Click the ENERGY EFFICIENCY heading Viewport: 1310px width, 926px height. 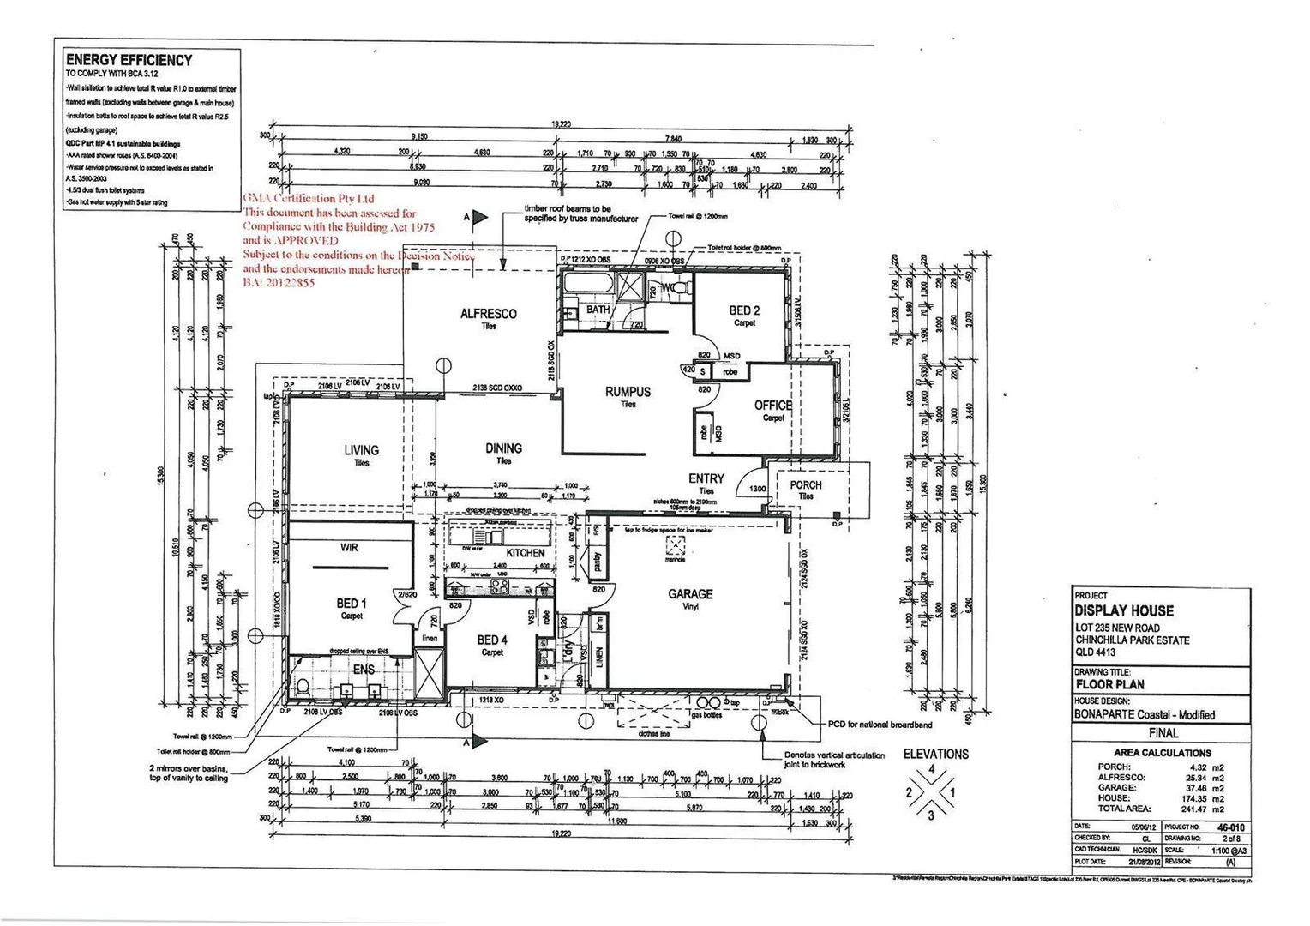(x=129, y=60)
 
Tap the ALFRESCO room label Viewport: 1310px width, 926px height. (x=488, y=314)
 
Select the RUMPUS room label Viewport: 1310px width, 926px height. (x=628, y=392)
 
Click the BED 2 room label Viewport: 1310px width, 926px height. (x=744, y=310)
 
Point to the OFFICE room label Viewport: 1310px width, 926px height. (x=772, y=406)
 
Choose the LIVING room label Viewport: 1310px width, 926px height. (x=361, y=450)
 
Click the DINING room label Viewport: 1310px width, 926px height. (x=503, y=448)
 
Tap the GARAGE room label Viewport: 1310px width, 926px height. (x=690, y=593)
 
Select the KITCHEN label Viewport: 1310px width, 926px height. (x=525, y=553)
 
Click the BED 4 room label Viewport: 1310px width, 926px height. (x=492, y=640)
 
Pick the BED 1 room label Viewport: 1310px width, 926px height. (x=352, y=604)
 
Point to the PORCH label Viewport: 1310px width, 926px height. (x=805, y=485)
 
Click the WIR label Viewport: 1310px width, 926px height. (x=349, y=547)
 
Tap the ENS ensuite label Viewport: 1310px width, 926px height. (x=364, y=669)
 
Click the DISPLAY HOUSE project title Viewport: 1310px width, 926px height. (x=1123, y=610)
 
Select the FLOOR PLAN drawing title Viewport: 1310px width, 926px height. (x=1110, y=684)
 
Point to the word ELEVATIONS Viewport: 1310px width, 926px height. (x=935, y=754)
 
